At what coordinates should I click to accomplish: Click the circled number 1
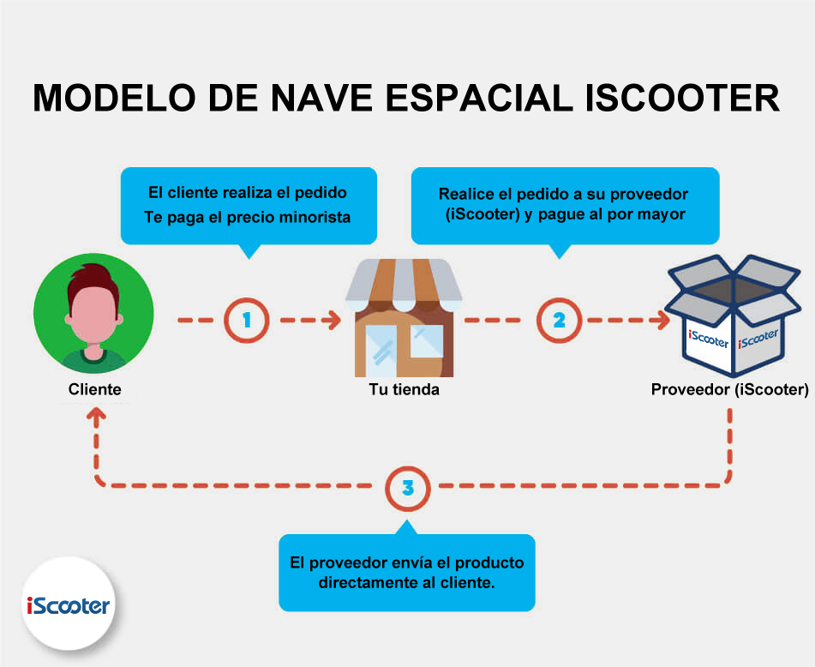(x=246, y=321)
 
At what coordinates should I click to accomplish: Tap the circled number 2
(x=559, y=321)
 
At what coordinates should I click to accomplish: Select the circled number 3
(x=408, y=488)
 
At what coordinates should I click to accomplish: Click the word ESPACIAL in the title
(x=478, y=97)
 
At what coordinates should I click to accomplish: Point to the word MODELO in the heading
(x=114, y=97)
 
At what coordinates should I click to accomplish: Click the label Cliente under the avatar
(x=94, y=389)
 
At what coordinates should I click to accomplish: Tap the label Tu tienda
(x=404, y=389)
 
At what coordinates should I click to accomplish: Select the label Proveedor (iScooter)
(x=730, y=389)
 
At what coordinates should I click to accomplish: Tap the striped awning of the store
(x=404, y=285)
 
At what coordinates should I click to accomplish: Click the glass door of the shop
(x=381, y=351)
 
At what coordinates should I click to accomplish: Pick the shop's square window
(x=427, y=341)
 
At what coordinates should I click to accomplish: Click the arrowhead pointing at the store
(x=333, y=321)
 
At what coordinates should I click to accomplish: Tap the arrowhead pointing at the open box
(x=661, y=321)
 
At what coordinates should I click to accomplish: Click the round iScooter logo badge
(x=69, y=604)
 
